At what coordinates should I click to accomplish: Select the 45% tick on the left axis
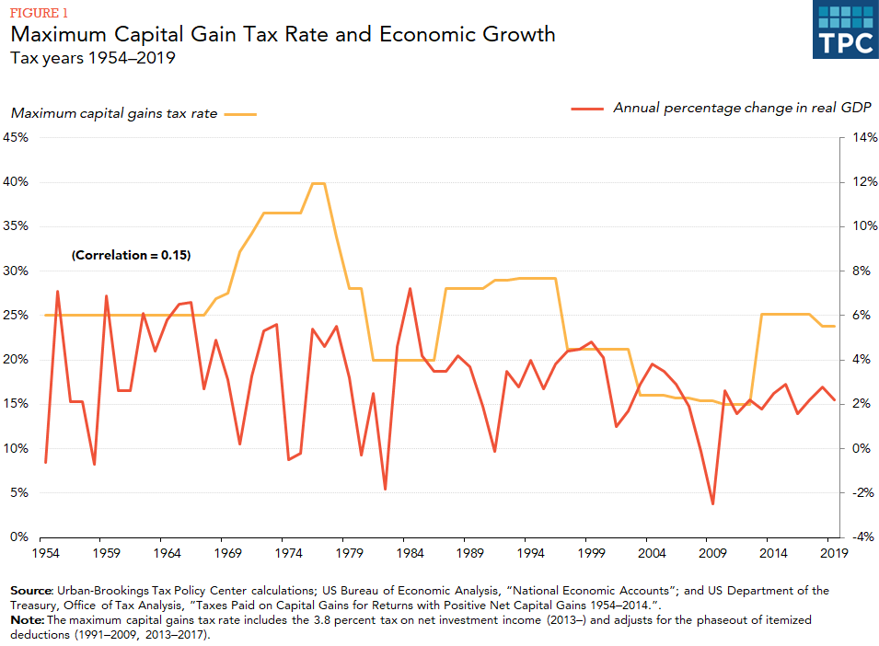click(17, 137)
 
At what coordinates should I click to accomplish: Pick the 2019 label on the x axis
click(833, 553)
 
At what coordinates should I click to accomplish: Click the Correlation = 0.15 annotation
click(131, 255)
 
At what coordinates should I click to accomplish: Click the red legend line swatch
click(586, 109)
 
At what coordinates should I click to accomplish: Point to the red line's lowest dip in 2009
click(712, 503)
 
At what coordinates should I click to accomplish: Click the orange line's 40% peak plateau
click(318, 183)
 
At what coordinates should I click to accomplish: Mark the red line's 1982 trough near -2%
click(385, 489)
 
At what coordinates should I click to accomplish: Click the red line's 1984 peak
click(409, 289)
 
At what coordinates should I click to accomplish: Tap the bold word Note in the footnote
click(25, 620)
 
